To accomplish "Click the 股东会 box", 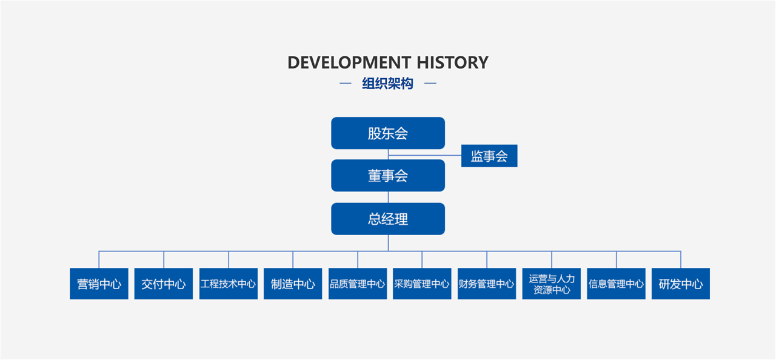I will point(388,133).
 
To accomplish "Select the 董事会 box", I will point(388,176).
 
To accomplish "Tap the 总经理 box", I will point(388,219).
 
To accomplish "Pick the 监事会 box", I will point(489,156).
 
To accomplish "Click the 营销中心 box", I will point(99,284).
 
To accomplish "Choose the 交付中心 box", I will point(164,284).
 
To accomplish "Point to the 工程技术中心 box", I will point(228,284).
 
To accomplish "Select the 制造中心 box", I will point(293,284).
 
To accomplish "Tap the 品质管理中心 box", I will point(358,284).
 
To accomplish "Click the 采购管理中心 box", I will point(422,284).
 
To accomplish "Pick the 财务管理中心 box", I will point(486,284).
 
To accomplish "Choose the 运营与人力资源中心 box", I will point(551,284).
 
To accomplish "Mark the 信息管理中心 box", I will point(616,284).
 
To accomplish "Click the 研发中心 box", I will point(680,284).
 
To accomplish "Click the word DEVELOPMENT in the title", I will point(349,62).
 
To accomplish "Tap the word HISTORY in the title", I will point(452,62).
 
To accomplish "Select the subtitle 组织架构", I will point(388,84).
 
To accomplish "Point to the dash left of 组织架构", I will point(345,84).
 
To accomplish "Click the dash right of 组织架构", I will point(430,84).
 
